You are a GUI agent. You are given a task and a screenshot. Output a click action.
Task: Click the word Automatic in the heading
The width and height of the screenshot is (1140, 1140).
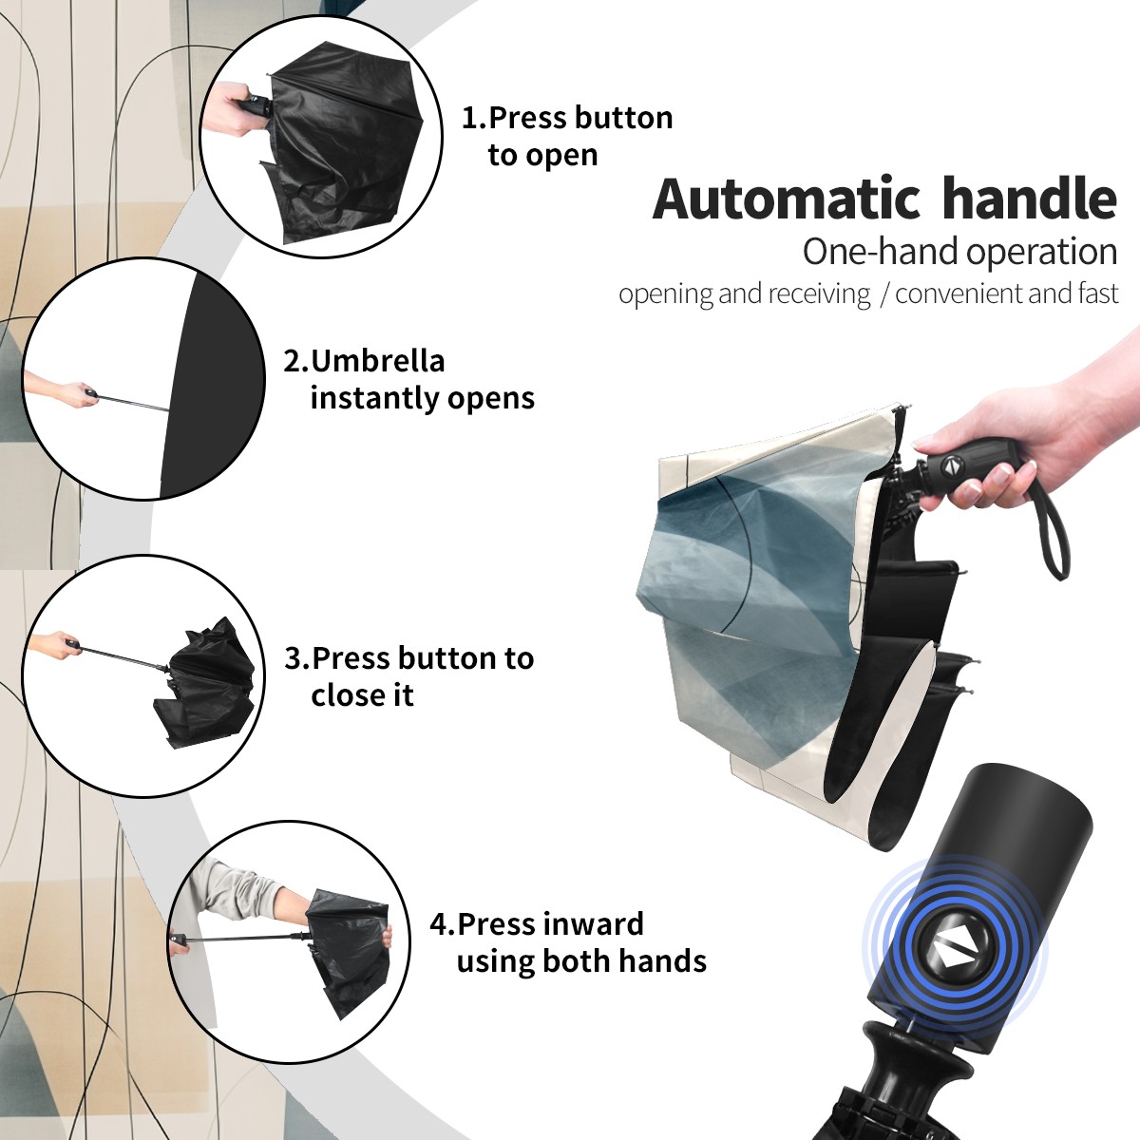(787, 199)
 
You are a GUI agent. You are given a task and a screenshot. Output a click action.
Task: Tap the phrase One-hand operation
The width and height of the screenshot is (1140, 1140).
(959, 252)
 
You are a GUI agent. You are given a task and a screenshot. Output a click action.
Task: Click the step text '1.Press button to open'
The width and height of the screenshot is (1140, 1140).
(567, 136)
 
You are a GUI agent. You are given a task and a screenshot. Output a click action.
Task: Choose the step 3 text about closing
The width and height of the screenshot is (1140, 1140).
(408, 676)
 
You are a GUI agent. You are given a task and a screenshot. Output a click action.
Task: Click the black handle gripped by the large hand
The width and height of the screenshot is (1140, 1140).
(964, 468)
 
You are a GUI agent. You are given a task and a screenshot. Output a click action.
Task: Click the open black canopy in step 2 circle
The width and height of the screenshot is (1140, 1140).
(213, 384)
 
